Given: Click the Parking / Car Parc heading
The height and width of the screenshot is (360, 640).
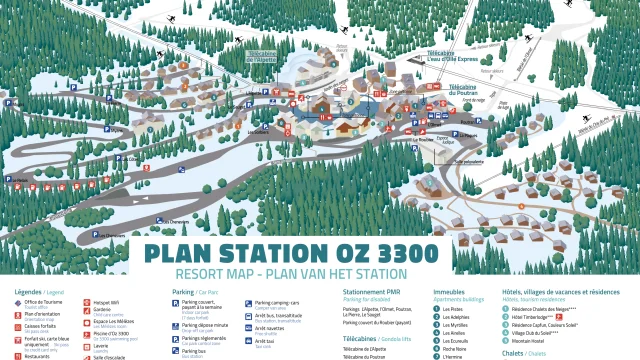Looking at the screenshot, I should coord(200,293).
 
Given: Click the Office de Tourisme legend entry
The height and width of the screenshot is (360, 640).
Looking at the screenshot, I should coord(43,302).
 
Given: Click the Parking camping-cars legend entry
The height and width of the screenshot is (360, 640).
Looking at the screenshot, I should coord(278,302).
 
